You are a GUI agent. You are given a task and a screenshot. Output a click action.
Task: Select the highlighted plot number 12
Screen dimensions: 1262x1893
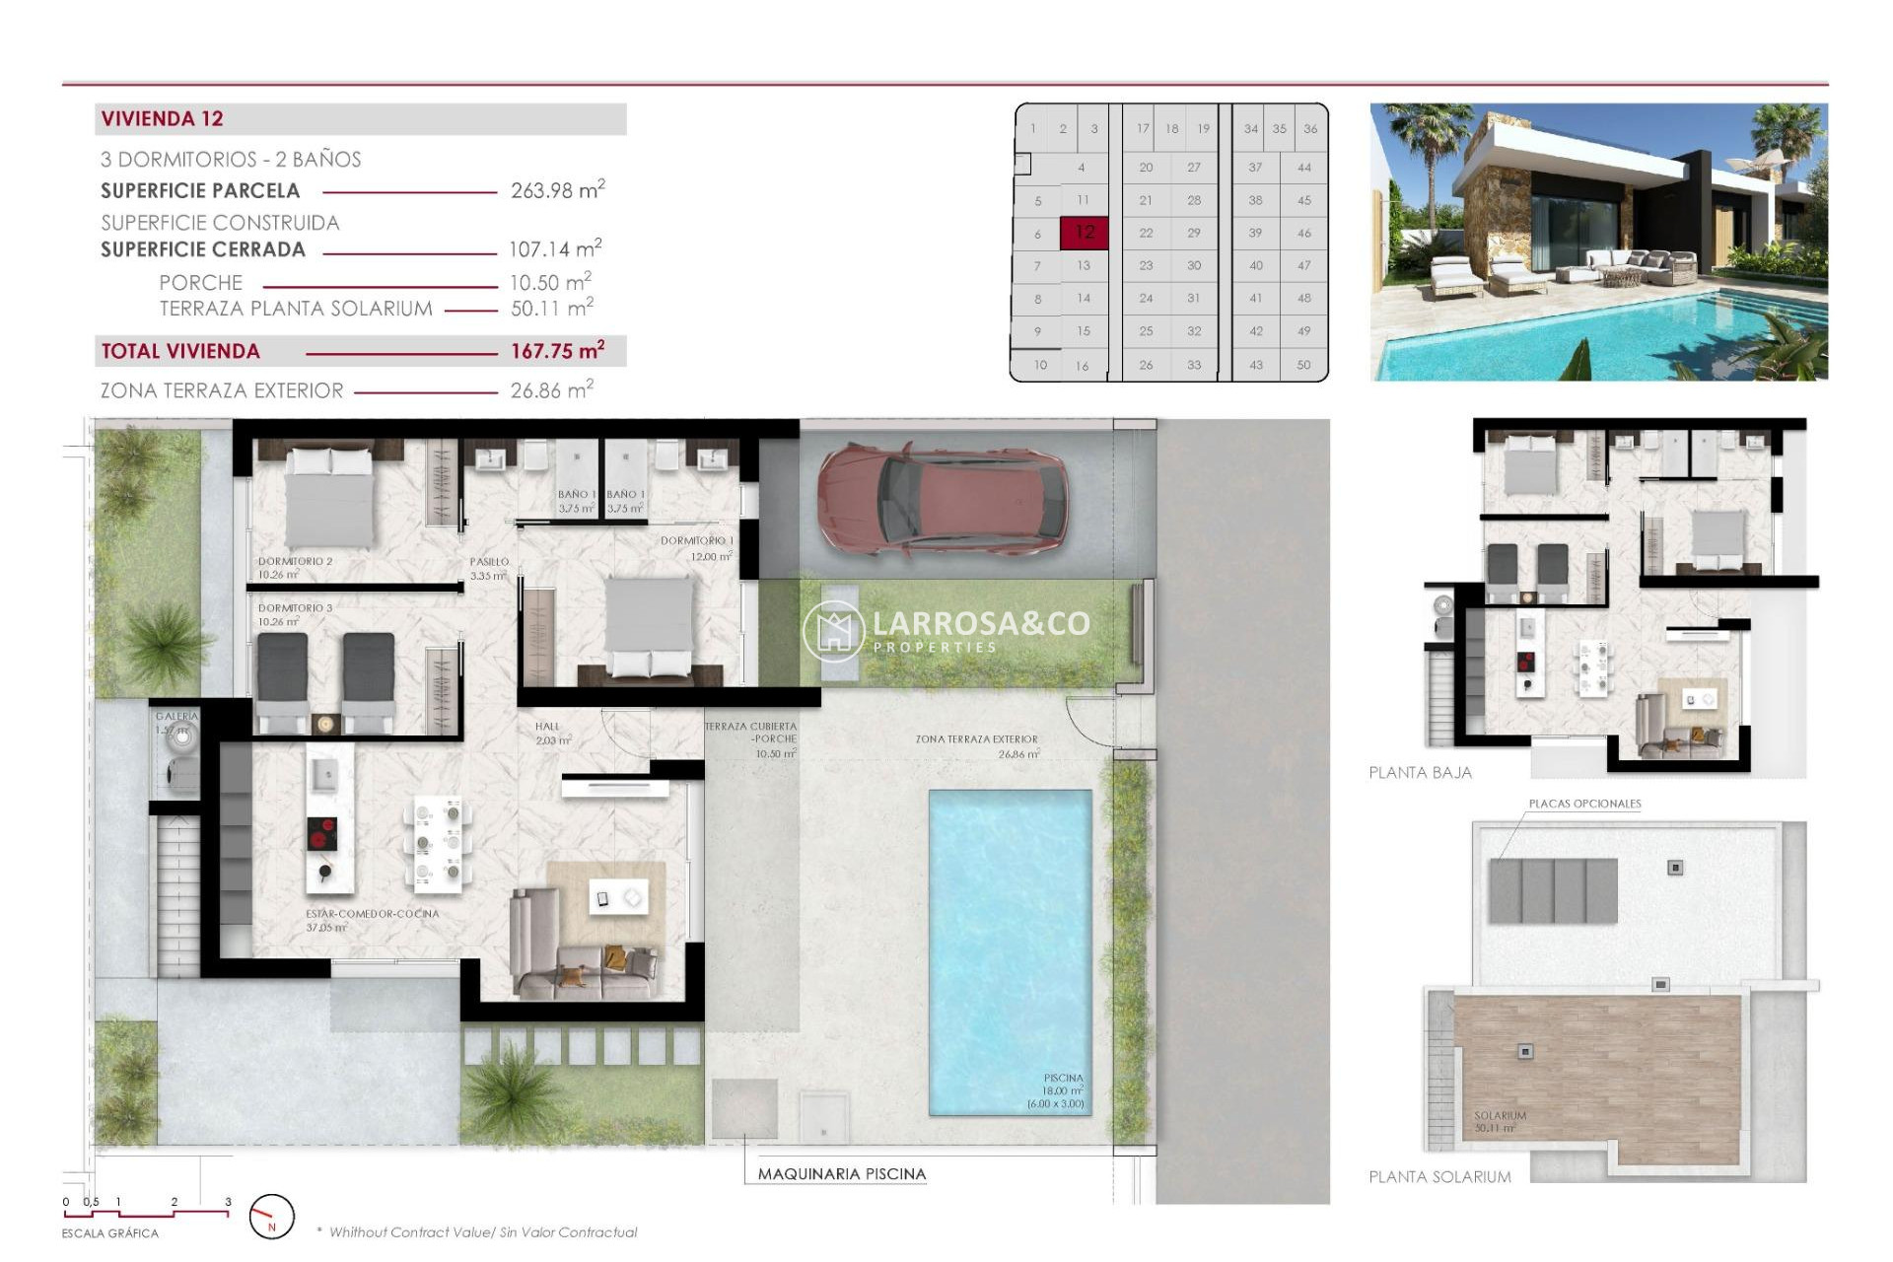pos(1084,233)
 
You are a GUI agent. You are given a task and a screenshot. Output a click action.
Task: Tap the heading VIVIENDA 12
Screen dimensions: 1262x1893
pos(163,119)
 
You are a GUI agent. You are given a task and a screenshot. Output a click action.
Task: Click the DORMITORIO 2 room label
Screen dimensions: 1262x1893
pos(295,561)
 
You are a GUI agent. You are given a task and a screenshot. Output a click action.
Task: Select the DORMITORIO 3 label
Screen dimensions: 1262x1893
pos(295,608)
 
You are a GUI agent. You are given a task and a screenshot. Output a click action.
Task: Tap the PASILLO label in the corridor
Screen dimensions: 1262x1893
pos(489,562)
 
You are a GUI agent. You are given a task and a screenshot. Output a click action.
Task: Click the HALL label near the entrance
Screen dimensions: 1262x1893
pos(547,727)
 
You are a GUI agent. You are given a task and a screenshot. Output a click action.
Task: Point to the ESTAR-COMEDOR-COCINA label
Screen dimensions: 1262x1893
pos(372,914)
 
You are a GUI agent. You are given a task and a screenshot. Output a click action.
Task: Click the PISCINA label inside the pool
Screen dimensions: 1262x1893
pos(1063,1079)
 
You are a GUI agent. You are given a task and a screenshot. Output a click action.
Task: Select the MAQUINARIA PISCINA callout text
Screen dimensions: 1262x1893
pos(841,1174)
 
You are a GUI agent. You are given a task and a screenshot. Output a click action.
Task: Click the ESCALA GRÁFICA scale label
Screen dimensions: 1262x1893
pos(109,1233)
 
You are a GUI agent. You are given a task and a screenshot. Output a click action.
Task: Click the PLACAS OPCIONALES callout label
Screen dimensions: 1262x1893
pos(1584,804)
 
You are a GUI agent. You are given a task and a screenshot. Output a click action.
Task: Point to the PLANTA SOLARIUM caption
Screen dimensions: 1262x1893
pos(1439,1177)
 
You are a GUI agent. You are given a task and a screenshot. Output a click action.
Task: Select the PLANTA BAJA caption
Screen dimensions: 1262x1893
pos(1420,773)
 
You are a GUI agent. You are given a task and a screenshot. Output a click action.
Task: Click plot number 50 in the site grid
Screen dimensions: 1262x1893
pos(1303,365)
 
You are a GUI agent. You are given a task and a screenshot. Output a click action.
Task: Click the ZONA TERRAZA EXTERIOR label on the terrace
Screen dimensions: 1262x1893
pos(976,739)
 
